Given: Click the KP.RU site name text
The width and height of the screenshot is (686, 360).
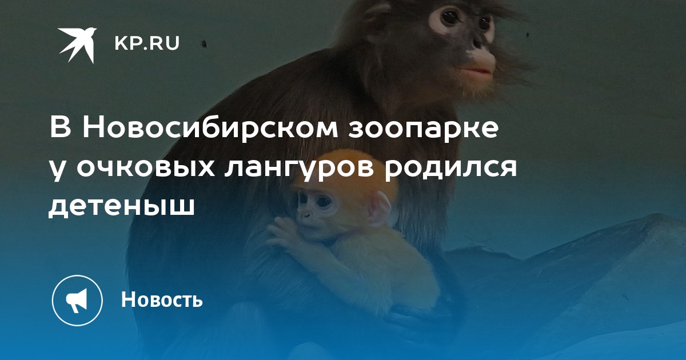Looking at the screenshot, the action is (147, 43).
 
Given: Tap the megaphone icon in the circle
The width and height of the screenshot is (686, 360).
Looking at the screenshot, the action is (77, 300).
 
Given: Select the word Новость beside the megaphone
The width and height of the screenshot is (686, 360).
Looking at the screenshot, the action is (162, 299).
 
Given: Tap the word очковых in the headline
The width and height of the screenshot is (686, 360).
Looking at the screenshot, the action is (145, 168).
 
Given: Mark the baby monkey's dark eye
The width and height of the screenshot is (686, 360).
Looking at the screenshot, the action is (324, 201).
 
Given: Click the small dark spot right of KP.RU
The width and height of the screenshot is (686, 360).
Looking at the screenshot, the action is (204, 44).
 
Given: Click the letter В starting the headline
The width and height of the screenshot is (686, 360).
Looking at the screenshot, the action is (61, 128).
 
